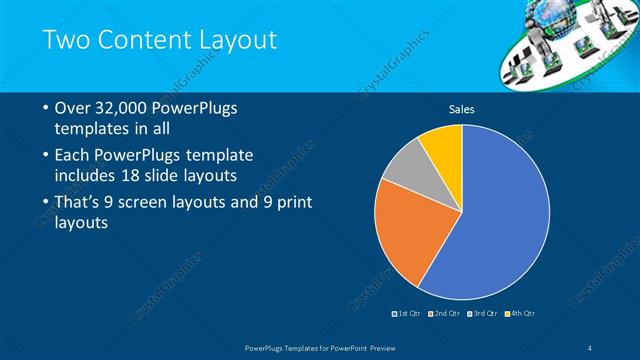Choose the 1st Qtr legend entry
(x=405, y=314)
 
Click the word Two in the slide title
(x=69, y=41)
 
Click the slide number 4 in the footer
(x=591, y=347)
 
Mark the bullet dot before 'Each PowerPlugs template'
(x=46, y=156)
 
